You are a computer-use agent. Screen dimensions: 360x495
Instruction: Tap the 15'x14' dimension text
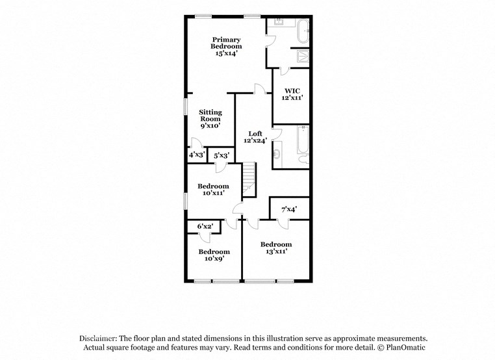pos(225,54)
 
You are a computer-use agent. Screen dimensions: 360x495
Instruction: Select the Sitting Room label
pos(210,116)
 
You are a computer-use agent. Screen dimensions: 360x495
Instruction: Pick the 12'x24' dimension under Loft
pos(255,141)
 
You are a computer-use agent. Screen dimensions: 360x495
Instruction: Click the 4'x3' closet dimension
pos(196,155)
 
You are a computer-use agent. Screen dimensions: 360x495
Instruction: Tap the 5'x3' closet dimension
pos(221,155)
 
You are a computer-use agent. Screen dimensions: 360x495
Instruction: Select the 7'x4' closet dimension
pos(289,209)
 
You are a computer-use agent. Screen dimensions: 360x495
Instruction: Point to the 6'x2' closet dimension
pos(205,225)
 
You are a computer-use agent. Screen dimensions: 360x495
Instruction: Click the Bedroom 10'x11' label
pos(213,190)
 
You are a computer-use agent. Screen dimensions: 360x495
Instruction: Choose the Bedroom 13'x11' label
pos(276,248)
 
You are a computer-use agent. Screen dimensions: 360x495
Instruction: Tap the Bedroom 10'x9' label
pos(214,255)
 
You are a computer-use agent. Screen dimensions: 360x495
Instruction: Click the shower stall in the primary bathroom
pos(303,56)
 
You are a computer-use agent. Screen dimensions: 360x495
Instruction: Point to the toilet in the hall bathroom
pos(302,159)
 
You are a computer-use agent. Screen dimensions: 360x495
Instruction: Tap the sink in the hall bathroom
pos(279,155)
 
